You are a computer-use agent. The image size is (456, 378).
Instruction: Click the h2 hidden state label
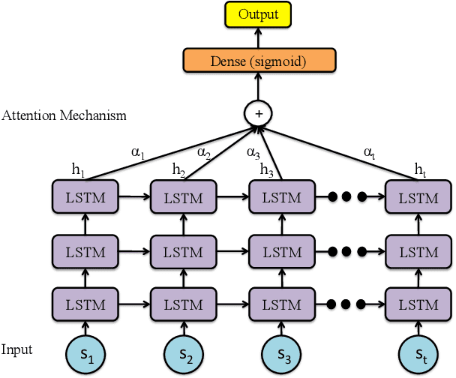coord(178,170)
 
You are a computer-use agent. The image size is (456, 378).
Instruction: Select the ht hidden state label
coord(420,170)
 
